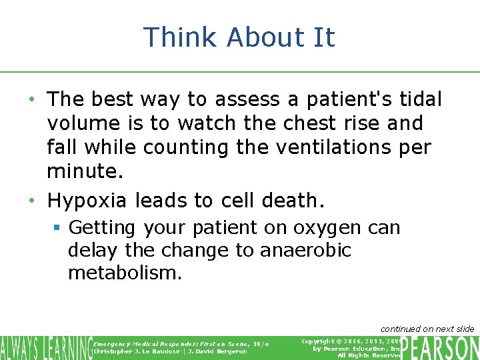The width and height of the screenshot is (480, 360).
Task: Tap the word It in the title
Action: [323, 37]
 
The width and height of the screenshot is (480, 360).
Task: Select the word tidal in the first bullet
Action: [421, 99]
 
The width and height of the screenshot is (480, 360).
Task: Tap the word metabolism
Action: [125, 273]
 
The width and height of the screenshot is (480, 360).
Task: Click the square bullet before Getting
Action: [57, 228]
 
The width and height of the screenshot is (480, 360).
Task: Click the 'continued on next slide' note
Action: [427, 329]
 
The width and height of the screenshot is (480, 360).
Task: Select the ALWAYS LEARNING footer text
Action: [46, 347]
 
